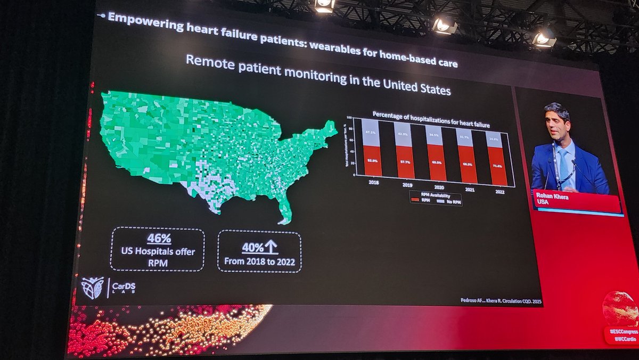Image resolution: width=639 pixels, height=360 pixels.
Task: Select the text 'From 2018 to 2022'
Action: click(x=259, y=261)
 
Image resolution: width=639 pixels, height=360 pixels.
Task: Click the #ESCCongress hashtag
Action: click(x=623, y=331)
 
